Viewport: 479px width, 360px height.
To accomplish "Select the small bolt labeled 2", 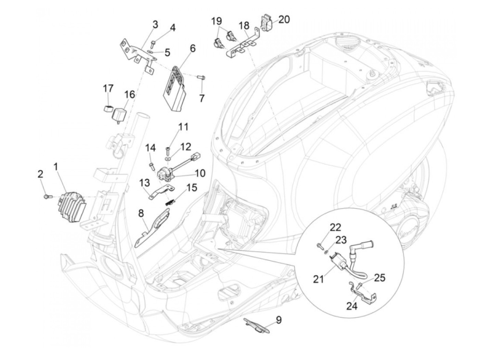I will pyautogui.click(x=47, y=196).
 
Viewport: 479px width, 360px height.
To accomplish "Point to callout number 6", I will pyautogui.click(x=193, y=48).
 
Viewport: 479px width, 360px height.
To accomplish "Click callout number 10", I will pyautogui.click(x=200, y=173).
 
